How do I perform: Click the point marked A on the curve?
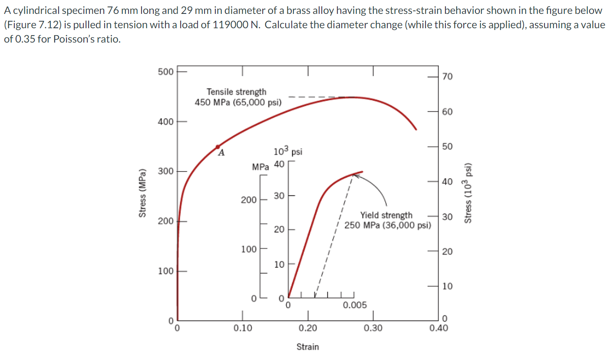218,147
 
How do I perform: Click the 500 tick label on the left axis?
165,71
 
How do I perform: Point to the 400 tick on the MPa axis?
165,122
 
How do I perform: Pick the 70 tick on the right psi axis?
447,77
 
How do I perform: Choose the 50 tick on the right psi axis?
447,146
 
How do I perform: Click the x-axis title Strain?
307,347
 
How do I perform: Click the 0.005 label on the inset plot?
355,305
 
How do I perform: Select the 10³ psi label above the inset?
288,152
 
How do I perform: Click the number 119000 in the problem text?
229,24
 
